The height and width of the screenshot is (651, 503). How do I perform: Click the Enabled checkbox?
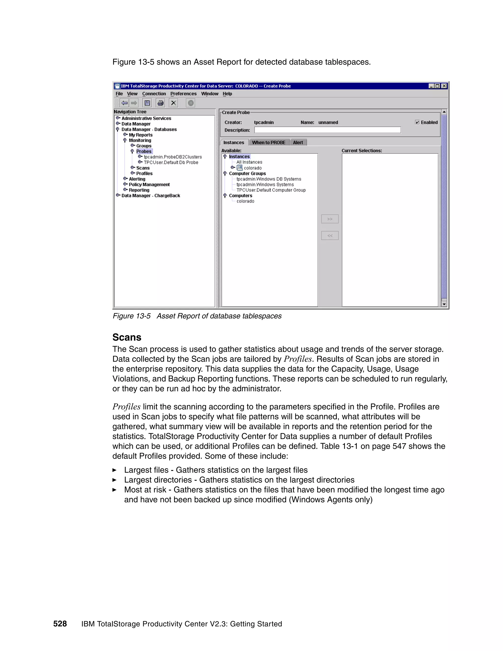click(x=417, y=123)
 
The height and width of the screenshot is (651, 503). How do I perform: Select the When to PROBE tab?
click(x=268, y=142)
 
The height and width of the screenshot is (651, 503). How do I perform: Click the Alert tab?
click(x=298, y=142)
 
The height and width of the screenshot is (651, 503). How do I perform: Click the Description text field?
click(x=327, y=130)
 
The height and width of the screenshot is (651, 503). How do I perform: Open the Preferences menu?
click(x=183, y=94)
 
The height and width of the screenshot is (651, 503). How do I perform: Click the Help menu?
click(x=227, y=94)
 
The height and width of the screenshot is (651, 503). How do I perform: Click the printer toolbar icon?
click(x=160, y=103)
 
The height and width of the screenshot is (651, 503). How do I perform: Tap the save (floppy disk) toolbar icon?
click(x=147, y=103)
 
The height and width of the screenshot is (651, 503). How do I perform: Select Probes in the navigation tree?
click(x=144, y=151)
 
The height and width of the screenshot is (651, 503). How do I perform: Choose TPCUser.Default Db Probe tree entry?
click(x=171, y=162)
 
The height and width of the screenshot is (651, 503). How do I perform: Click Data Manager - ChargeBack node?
click(x=151, y=196)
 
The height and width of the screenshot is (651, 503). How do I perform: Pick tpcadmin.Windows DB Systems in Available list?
click(x=268, y=179)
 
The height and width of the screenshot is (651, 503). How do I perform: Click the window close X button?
click(x=444, y=86)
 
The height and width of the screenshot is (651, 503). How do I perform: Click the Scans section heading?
click(x=127, y=337)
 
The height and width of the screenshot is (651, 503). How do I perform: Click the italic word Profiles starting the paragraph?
click(x=126, y=407)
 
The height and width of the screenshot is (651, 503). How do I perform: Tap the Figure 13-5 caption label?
click(x=131, y=316)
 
